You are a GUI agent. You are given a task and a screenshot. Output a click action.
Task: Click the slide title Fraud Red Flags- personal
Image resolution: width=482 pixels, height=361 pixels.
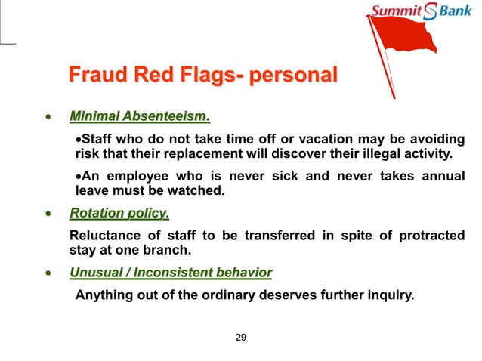pos(202,76)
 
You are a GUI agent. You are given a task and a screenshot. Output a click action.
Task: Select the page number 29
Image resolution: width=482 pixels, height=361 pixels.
pos(241,337)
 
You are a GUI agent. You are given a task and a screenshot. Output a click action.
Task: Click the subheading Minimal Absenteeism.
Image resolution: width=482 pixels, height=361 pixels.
pos(139,117)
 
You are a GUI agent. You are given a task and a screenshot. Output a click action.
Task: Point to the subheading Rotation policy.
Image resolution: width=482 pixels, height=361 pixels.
pos(119,213)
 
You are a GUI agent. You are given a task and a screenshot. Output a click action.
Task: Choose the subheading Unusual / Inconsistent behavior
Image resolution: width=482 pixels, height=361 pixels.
pos(171,273)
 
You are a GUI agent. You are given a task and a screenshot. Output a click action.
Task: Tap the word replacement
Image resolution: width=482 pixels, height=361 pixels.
pos(223,156)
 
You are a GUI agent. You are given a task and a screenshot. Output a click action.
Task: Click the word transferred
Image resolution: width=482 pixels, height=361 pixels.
pos(280,236)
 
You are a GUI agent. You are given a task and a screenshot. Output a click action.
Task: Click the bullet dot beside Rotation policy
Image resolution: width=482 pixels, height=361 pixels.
pos(49,214)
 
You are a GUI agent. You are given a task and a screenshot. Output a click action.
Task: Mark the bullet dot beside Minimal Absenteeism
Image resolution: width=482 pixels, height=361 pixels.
pos(49,118)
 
